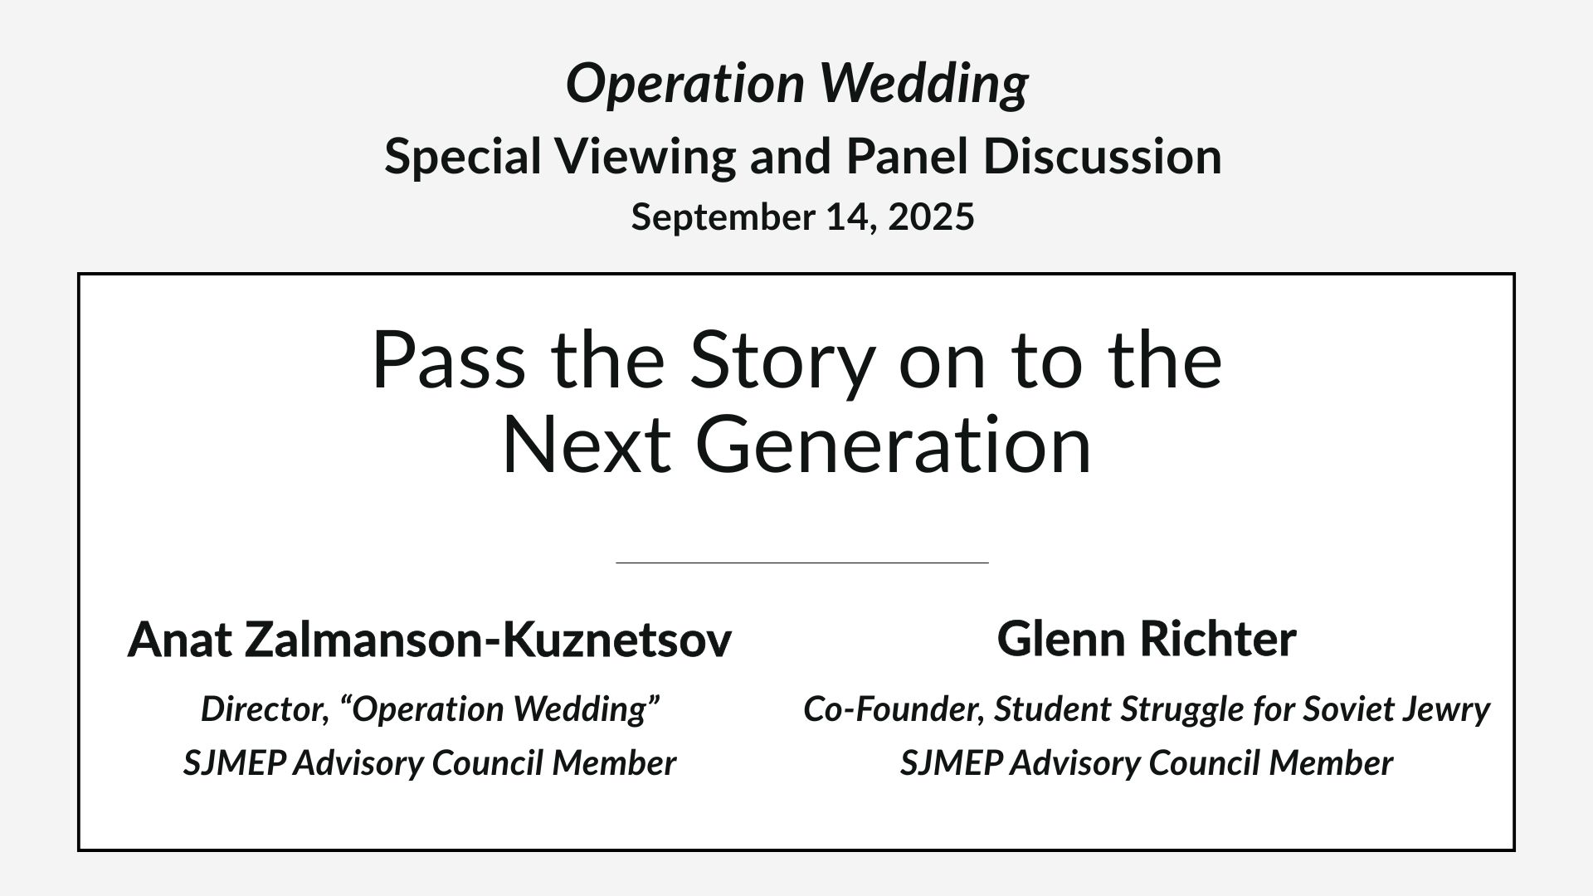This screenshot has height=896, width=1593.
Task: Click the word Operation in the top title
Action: tap(685, 85)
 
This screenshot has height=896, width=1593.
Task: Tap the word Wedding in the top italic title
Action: tap(924, 85)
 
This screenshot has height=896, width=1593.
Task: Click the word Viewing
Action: tap(645, 158)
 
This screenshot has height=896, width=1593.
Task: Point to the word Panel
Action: tap(907, 156)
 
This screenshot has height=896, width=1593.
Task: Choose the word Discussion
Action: tap(1103, 156)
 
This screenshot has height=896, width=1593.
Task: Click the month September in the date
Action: tap(723, 218)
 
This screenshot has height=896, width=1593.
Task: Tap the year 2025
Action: tap(931, 217)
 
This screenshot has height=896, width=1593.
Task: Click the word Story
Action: tap(782, 362)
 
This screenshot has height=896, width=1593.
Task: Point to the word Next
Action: tap(587, 446)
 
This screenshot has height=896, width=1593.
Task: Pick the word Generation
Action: tap(899, 446)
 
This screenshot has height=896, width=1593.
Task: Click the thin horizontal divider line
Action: tap(802, 562)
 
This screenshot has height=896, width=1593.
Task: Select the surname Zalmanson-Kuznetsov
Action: tap(488, 640)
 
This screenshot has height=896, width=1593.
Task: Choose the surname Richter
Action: tap(1218, 639)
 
